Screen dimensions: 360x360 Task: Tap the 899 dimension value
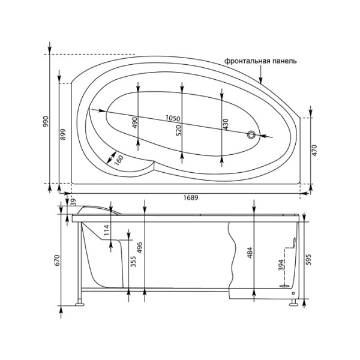tap(64, 134)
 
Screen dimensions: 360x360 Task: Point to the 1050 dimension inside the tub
tap(174, 118)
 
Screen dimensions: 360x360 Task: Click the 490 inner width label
tap(135, 123)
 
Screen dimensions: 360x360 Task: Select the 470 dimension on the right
tap(314, 150)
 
